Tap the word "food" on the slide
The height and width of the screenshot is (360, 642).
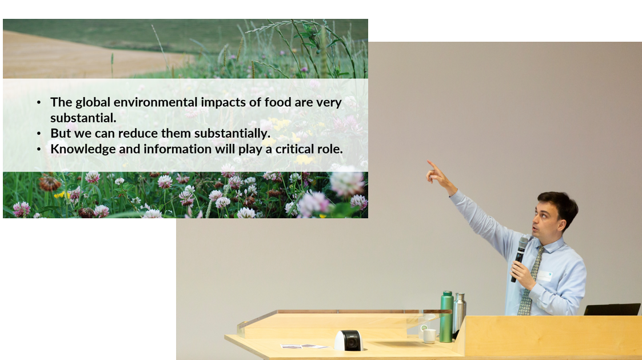278,102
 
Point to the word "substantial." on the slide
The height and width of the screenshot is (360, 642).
83,118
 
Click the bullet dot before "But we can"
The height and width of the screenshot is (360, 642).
39,133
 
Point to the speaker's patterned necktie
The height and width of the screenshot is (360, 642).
531,282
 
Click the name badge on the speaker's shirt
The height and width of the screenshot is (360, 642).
545,277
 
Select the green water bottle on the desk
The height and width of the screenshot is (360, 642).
446,317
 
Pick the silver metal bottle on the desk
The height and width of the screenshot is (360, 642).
460,313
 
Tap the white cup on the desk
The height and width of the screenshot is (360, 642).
429,336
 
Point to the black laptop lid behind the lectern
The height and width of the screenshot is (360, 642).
612,309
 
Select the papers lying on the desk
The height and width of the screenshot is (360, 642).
304,346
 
